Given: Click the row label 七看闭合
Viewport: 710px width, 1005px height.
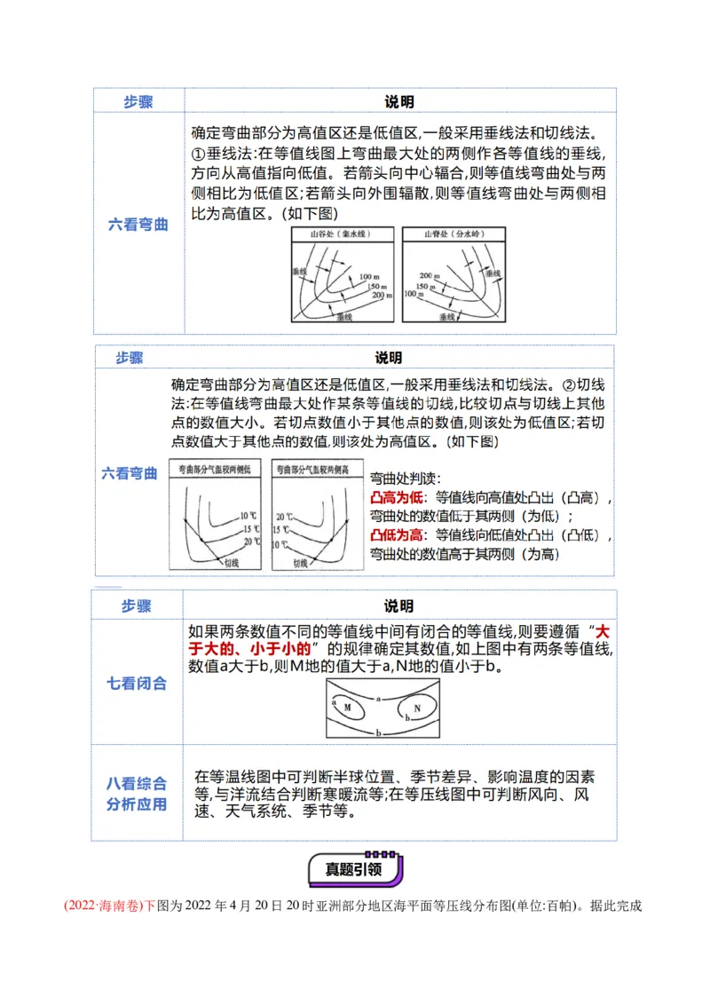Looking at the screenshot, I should pos(137,684).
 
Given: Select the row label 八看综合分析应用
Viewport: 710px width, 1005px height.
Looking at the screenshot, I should pos(137,794).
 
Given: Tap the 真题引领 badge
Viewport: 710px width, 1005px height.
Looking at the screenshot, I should pos(354,869).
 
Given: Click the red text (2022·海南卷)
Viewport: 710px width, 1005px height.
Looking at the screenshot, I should pos(104,906).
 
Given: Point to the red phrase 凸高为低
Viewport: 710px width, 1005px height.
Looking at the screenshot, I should pos(396,497).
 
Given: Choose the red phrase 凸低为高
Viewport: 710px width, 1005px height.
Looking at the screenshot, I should pos(396,534).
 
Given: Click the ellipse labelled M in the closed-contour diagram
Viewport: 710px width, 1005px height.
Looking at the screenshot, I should pos(348,708).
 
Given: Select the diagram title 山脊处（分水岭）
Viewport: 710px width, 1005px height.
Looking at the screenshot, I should pos(454,235).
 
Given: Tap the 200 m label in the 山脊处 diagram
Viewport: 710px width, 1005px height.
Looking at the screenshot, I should pos(430,275).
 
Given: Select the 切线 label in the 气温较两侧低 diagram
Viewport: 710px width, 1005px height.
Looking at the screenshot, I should pos(233,561).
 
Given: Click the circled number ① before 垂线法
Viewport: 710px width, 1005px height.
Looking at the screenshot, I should pos(198,154).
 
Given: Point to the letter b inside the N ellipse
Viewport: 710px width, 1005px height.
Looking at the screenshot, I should pos(406,716).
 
